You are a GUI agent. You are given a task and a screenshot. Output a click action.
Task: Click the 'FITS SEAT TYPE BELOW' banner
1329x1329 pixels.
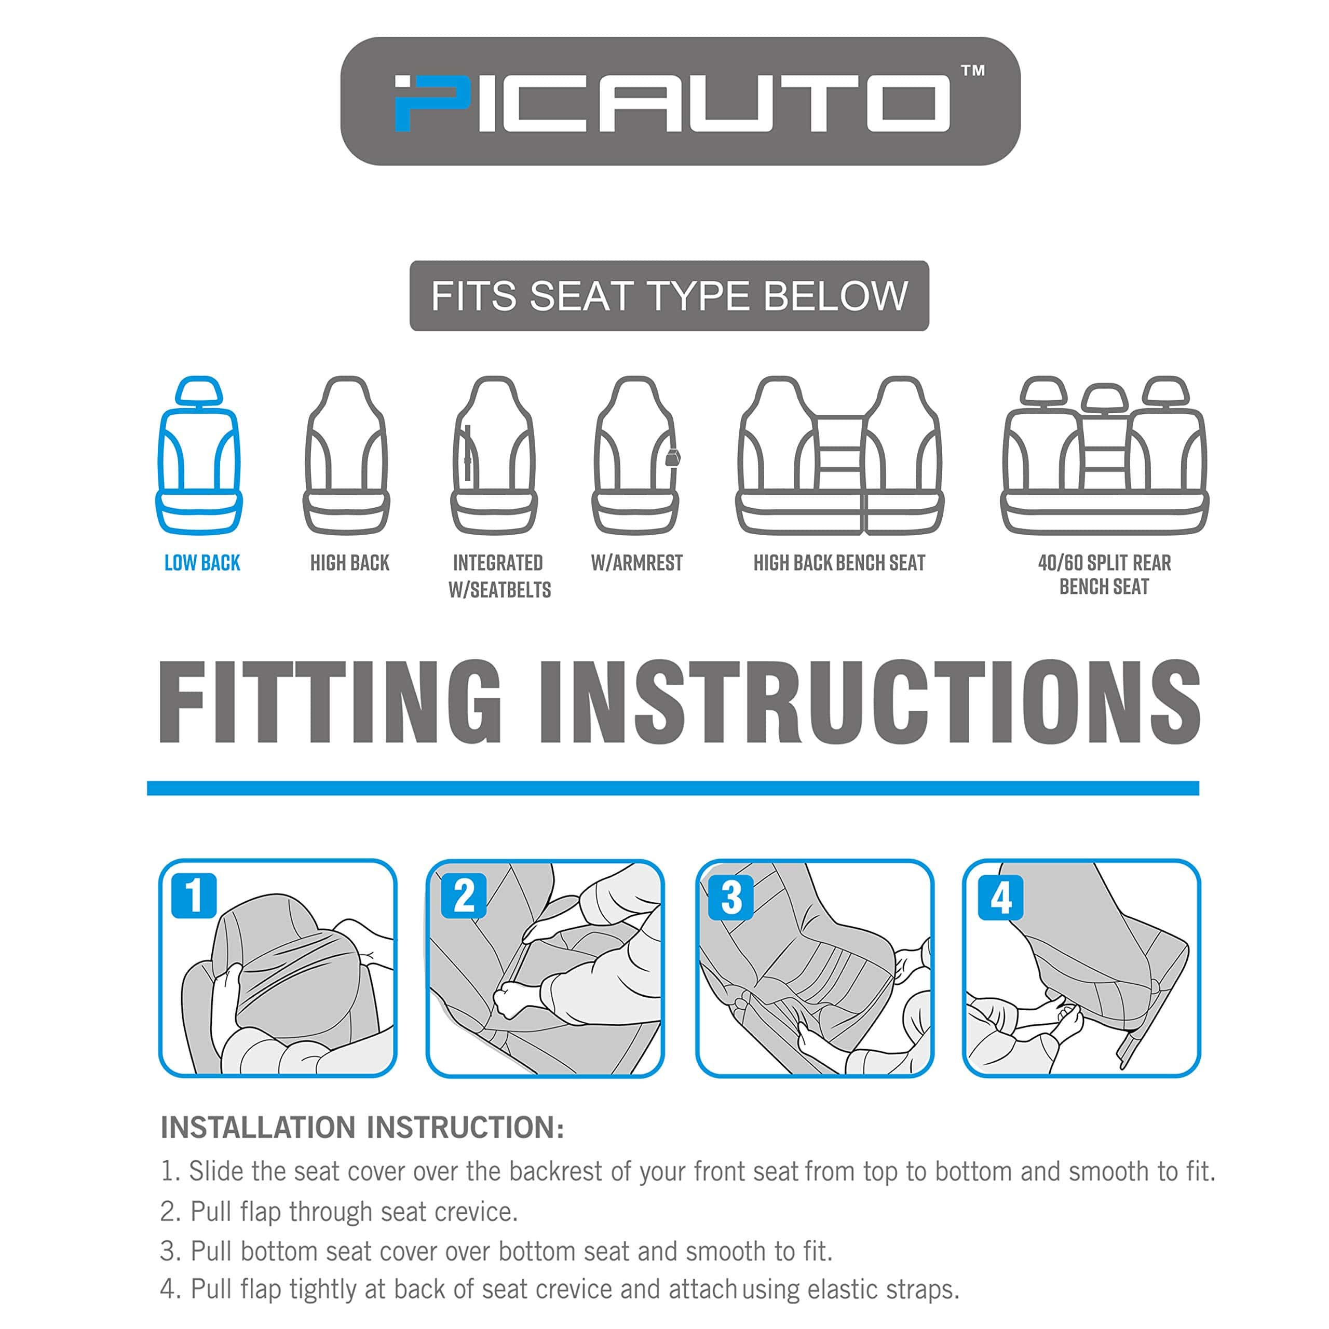pos(669,296)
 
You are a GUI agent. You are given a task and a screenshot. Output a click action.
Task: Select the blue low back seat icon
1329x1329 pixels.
pos(199,455)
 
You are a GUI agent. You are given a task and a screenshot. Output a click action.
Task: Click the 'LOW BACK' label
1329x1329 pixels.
pos(202,563)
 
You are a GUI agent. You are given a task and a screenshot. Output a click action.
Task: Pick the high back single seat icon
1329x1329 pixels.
pos(347,455)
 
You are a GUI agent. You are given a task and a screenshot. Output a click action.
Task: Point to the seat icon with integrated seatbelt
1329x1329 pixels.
pos(494,455)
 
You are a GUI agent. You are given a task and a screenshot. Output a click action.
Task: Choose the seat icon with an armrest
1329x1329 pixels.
pos(636,455)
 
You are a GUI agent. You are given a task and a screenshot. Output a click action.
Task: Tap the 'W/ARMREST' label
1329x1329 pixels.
pos(637,563)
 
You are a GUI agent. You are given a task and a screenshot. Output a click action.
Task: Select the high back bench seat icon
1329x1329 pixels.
pos(840,455)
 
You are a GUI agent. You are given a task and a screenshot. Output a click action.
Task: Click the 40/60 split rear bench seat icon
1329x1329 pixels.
pos(1105,455)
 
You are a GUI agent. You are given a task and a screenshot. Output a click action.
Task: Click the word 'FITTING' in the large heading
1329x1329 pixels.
pos(331,702)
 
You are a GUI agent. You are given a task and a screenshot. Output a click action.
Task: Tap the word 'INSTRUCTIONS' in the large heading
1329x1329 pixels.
pos(870,702)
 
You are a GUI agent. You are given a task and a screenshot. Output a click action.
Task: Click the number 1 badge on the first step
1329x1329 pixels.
pos(194,896)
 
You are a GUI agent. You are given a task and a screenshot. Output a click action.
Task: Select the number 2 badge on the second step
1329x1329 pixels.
pos(464,896)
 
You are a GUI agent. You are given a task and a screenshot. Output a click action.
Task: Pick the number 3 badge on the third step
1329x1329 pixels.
pos(731,897)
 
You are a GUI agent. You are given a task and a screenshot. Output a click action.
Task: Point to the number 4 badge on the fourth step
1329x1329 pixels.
pos(1001,897)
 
